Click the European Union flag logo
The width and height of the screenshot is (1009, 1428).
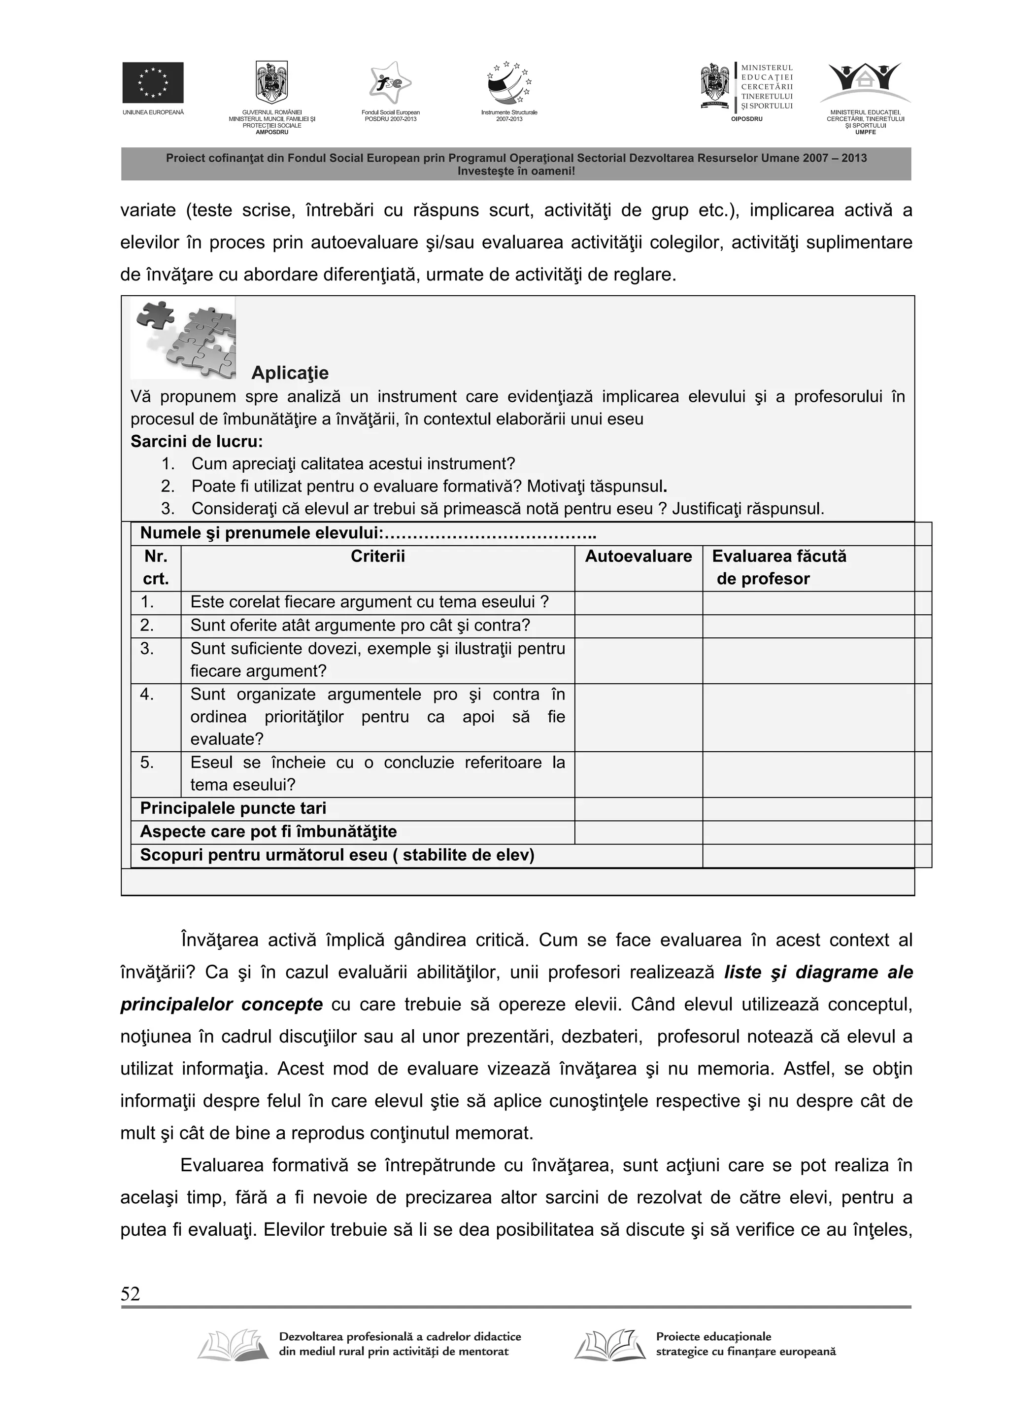[152, 82]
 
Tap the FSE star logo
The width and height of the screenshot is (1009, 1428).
[390, 83]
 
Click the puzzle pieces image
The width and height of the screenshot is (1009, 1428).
[183, 338]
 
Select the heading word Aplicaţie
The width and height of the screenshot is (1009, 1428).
[290, 373]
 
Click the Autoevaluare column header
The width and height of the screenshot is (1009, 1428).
[638, 556]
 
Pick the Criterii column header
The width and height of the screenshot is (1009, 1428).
[377, 556]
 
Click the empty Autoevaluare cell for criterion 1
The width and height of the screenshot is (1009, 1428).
[638, 602]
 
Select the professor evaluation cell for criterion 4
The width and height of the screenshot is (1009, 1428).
[807, 717]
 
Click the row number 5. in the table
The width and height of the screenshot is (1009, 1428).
[147, 763]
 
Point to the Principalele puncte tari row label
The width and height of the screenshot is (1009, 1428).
[233, 808]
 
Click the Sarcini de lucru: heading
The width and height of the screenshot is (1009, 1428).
[197, 442]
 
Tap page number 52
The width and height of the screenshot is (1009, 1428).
[131, 1294]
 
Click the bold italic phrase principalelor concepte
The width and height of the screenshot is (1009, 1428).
[221, 1005]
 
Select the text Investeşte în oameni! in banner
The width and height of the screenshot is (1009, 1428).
[515, 171]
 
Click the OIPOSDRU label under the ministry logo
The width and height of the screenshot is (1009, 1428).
[746, 118]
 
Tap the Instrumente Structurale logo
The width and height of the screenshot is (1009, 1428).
[508, 83]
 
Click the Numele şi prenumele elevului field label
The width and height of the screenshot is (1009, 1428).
[261, 533]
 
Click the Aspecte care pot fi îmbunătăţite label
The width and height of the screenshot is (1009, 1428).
[268, 832]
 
